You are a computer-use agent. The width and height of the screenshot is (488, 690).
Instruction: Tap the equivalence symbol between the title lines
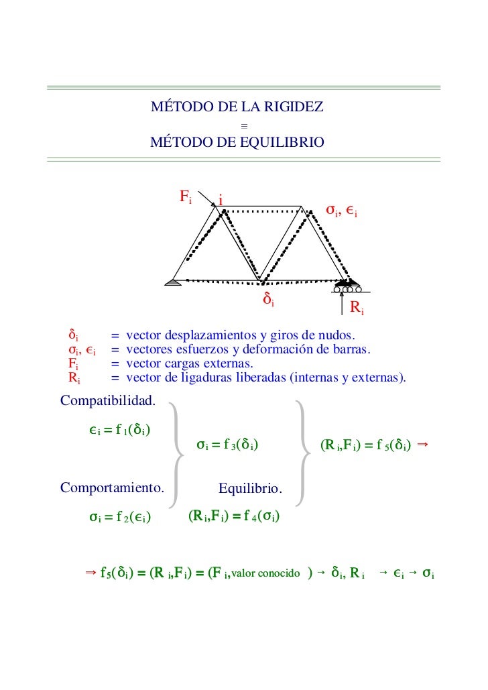[x=244, y=125]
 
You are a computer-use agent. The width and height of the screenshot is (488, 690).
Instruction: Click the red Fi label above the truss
[x=185, y=196]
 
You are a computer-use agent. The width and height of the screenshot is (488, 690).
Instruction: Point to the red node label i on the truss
[x=221, y=200]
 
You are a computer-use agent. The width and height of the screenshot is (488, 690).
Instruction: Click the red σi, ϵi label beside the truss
[x=341, y=211]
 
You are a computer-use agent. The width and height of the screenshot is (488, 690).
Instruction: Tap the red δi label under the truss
[x=267, y=299]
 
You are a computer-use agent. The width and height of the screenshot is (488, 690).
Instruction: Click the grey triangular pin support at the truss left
[x=174, y=282]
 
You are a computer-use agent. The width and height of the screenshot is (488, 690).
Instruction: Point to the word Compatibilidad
[x=108, y=401]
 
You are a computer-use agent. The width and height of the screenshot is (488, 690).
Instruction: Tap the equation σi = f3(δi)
[x=228, y=444]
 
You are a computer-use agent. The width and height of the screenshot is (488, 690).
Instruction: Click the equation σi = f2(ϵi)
[x=119, y=517]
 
